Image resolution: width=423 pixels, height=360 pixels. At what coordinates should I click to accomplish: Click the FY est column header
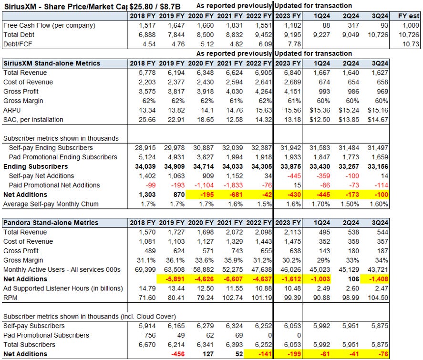tap(409, 15)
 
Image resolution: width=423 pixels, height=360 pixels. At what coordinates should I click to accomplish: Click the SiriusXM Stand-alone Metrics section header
tap(52, 63)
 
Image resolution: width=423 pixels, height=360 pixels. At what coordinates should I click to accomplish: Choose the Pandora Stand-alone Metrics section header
tap(50, 223)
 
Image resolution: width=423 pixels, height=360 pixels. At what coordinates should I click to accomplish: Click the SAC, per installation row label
tap(33, 119)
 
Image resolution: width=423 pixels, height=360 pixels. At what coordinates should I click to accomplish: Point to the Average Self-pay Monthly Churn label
tap(51, 204)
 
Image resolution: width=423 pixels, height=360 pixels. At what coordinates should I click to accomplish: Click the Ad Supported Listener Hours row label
tap(62, 288)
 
